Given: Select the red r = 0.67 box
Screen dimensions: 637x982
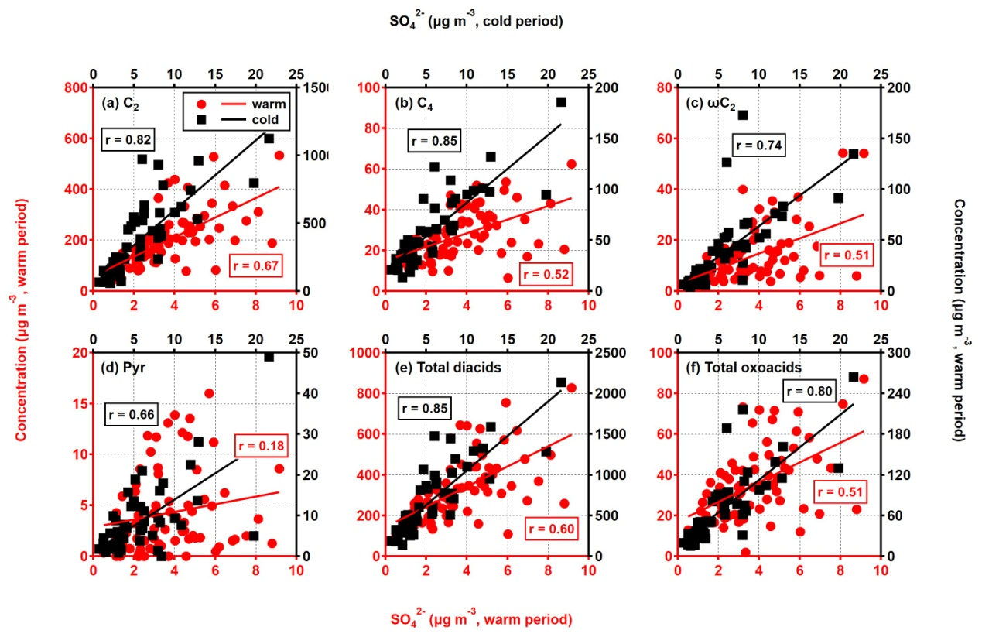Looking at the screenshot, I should pyautogui.click(x=253, y=267).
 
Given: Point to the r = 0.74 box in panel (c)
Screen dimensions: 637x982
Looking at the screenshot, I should pyautogui.click(x=760, y=145).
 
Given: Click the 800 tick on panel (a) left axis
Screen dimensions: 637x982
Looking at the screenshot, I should pyautogui.click(x=77, y=87).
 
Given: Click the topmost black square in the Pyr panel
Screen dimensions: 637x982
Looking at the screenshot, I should pyautogui.click(x=269, y=357).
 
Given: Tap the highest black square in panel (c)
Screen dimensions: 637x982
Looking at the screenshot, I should pyautogui.click(x=742, y=115).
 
